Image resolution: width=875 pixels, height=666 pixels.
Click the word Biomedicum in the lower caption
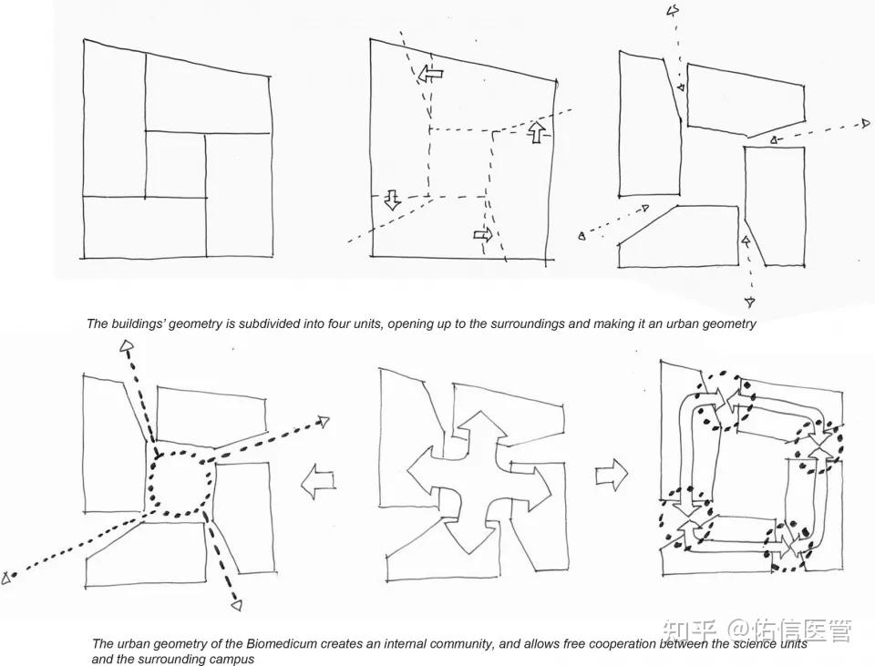click(x=275, y=644)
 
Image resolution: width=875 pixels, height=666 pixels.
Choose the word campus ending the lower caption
click(x=234, y=660)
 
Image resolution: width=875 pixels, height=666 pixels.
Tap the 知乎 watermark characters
click(x=689, y=630)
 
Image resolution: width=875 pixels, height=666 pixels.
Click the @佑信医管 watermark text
click(x=789, y=630)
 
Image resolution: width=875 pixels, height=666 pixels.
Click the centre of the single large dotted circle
click(x=182, y=482)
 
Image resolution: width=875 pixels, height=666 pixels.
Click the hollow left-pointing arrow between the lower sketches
click(x=318, y=480)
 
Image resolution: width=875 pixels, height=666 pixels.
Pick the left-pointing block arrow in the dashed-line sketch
click(x=430, y=73)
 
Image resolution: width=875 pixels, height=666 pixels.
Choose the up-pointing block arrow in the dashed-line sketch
click(x=536, y=131)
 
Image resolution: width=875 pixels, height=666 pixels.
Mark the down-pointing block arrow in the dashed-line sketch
click(x=392, y=200)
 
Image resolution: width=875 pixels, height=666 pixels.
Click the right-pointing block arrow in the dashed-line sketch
click(x=483, y=234)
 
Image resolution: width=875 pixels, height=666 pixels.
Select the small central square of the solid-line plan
click(x=175, y=165)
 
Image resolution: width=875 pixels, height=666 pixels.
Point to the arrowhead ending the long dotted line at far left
click(x=6, y=579)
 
